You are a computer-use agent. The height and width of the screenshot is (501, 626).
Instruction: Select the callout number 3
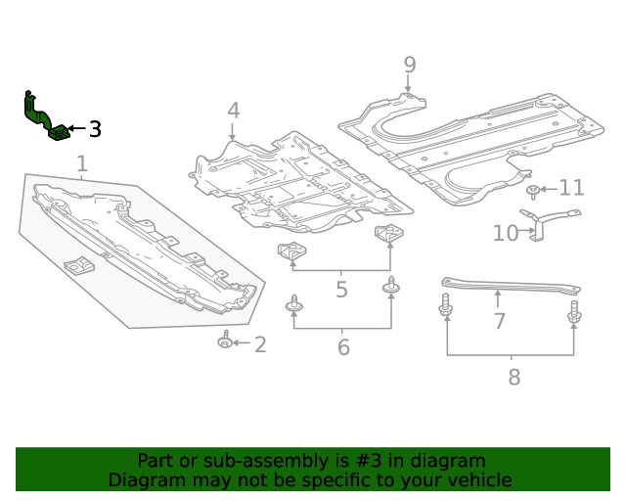point(95,129)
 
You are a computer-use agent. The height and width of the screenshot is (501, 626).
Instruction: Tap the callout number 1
point(82,163)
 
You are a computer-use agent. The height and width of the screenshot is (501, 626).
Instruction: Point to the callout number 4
point(233,111)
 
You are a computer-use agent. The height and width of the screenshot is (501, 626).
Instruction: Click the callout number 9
point(409,65)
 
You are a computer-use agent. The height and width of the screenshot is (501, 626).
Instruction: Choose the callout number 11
point(571,188)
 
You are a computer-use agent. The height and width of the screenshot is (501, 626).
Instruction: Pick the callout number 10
point(505,233)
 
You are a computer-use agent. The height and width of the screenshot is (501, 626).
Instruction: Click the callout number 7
point(499,321)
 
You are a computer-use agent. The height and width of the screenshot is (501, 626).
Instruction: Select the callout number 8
point(514,377)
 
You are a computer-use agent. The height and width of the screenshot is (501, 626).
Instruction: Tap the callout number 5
point(341,290)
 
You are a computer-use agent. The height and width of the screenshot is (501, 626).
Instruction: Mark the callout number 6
point(343,347)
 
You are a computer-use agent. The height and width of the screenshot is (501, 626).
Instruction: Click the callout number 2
point(260,343)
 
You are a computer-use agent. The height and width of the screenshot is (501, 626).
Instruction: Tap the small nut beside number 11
point(532,190)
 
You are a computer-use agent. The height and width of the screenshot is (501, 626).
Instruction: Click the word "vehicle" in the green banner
point(473,480)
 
